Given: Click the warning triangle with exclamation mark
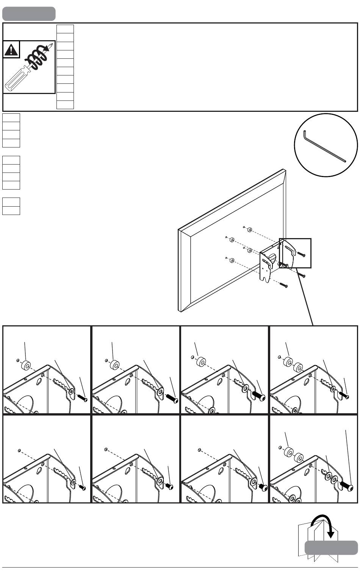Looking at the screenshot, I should coord(11,50).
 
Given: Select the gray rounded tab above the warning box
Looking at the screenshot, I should coord(29,14).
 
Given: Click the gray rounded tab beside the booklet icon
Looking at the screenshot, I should coord(331,548).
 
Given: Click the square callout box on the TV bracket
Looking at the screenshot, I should coord(295,253).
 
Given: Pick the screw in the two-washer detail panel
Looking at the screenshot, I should coord(346,487).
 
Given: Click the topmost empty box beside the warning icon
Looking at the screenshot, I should coord(65,29).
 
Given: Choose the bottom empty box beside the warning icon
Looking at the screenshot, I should coord(65,105).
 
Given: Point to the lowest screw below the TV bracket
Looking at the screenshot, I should coord(284,285).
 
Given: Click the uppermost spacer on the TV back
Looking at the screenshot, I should coord(250,230).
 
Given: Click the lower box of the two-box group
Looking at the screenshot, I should coord(11,210).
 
